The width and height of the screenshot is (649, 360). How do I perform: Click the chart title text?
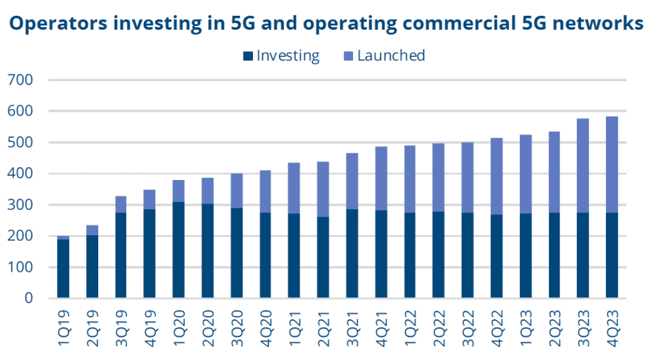(324, 23)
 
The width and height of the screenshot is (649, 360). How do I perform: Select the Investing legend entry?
(287, 56)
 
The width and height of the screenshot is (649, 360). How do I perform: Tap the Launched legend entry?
(390, 56)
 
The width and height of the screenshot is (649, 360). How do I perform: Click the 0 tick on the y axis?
(27, 299)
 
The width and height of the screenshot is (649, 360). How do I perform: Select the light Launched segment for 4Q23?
(612, 165)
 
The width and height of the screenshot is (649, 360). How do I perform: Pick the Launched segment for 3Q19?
(121, 204)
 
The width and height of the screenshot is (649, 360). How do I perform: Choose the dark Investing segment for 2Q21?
(323, 257)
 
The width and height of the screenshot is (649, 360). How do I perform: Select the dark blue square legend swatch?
(247, 56)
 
